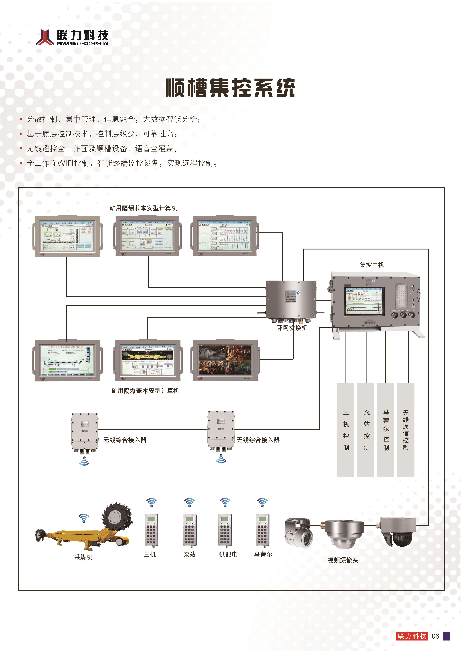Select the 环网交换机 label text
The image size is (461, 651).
pos(292,328)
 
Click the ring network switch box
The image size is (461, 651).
pos(291,300)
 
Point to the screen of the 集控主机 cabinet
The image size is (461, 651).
pos(364,301)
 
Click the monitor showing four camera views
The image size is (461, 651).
pos(225,360)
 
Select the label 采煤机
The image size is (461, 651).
pos(83,557)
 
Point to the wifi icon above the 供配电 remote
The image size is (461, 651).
pos(225,503)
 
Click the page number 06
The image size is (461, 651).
pos(435,636)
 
